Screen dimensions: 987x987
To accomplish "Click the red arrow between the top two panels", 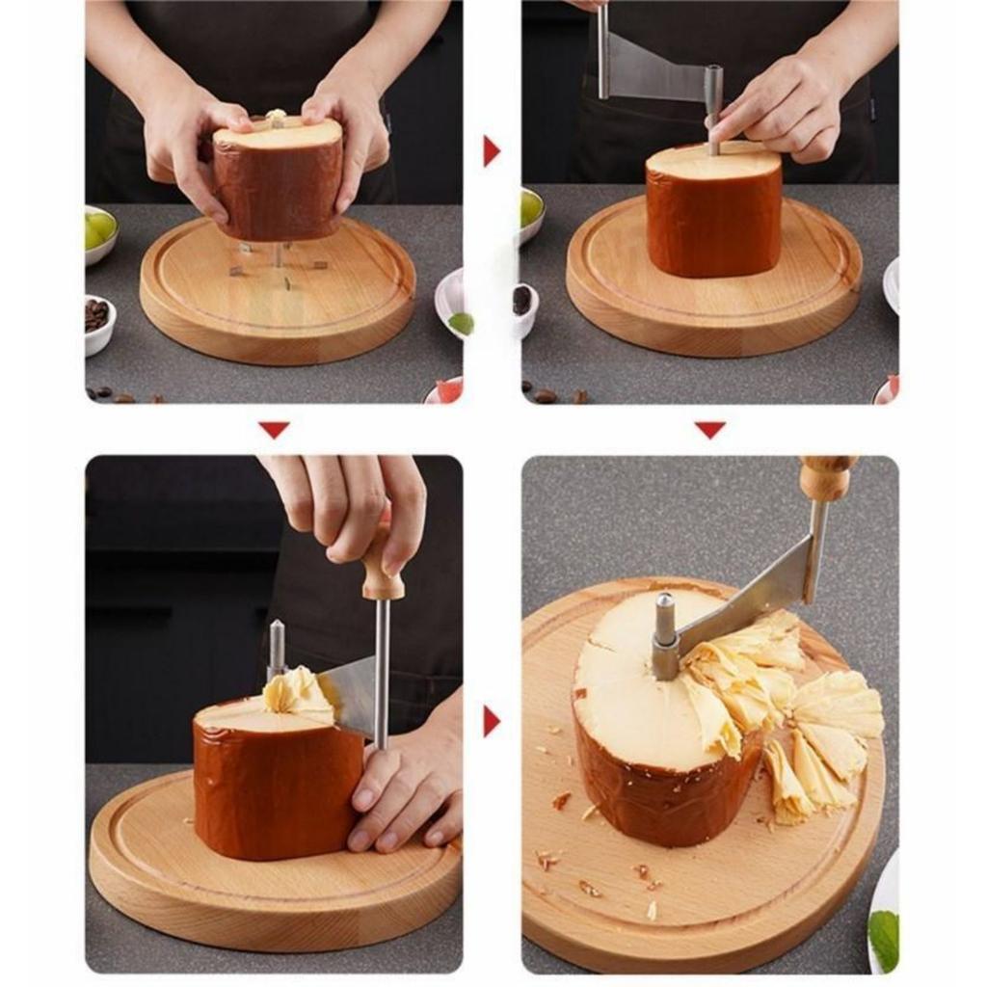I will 492,150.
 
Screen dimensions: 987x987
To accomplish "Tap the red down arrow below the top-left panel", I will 274,429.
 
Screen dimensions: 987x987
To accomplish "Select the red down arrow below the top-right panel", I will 710,429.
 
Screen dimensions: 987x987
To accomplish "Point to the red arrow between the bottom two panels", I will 492,721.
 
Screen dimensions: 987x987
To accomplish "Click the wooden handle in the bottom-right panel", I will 826,478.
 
